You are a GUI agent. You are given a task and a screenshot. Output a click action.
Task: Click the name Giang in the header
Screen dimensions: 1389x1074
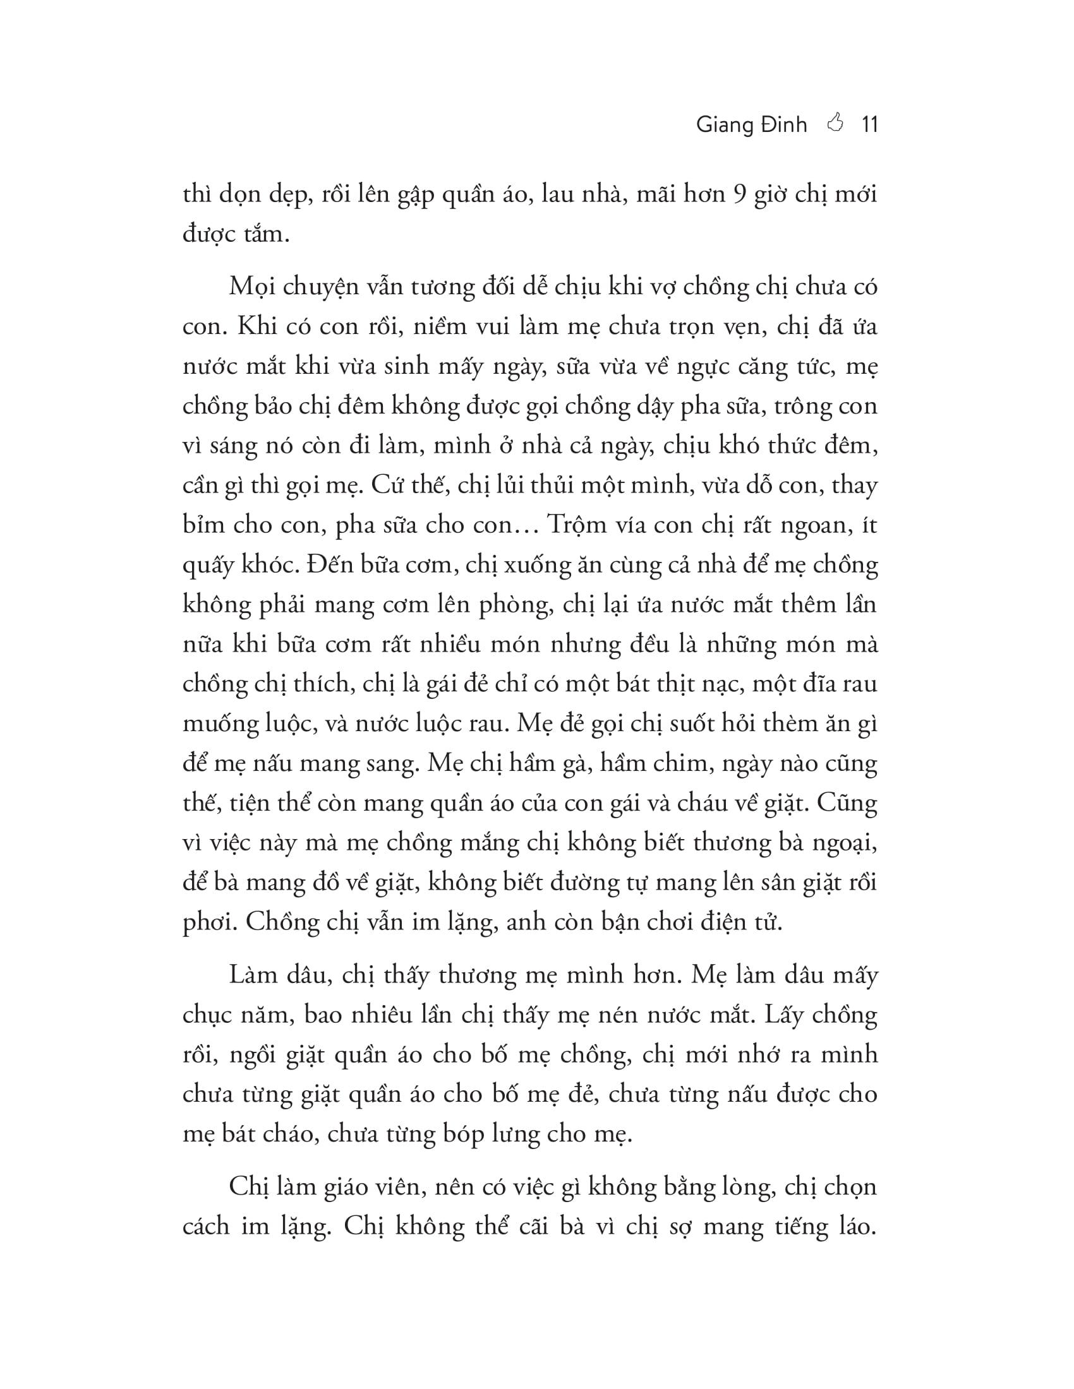pos(723,125)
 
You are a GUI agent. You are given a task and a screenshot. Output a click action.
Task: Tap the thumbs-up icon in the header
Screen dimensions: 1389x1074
pos(835,122)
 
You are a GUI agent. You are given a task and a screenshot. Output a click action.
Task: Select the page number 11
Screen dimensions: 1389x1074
pos(869,124)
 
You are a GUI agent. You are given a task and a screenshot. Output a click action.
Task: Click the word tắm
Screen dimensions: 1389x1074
pos(265,235)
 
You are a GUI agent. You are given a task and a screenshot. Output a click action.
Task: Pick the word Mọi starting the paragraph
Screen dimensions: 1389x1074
pos(251,287)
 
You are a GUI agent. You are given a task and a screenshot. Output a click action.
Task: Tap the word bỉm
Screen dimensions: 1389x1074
pos(203,525)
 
